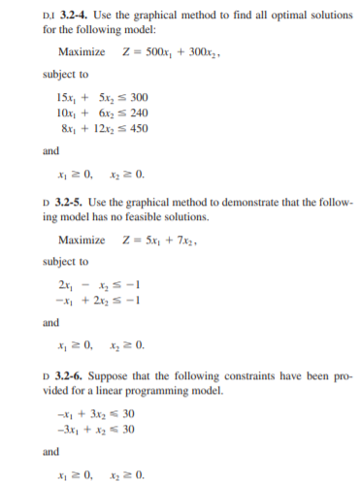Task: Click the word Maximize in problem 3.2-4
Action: [x=82, y=50]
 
